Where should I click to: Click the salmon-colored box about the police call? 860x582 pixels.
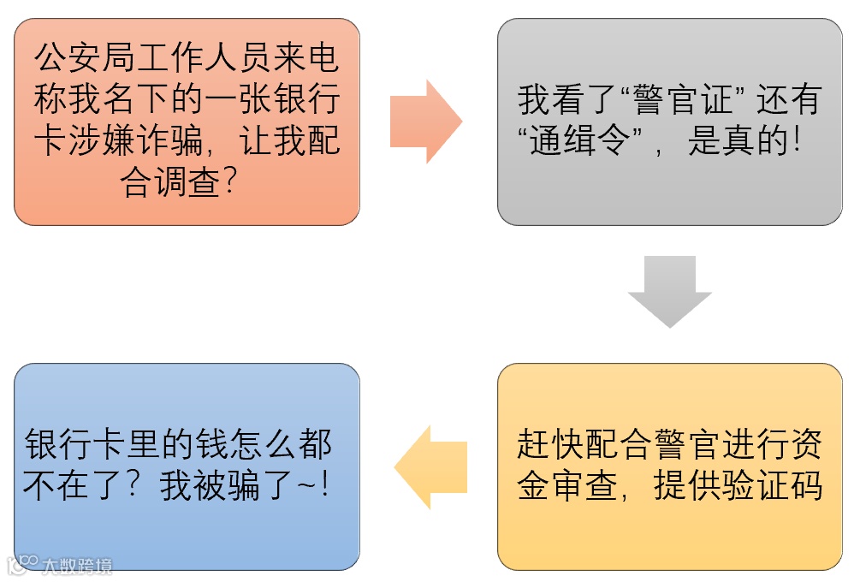187,122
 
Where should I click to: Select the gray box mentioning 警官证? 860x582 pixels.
670,122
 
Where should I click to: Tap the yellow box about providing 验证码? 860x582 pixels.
670,466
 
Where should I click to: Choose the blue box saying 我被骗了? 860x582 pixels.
187,466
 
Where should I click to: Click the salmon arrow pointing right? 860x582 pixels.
426,122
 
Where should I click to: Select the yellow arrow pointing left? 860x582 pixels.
430,467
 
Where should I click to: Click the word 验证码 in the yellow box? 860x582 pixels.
780,486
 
